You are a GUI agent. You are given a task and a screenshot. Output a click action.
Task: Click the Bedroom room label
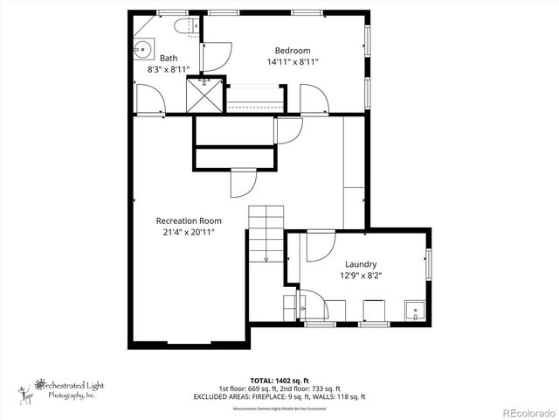293,50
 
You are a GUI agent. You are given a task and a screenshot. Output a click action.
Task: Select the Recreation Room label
189,220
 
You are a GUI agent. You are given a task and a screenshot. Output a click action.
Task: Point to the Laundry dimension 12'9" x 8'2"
360,276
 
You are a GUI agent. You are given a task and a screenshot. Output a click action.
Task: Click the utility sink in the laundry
413,310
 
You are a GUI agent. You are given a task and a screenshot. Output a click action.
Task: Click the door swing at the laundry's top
319,247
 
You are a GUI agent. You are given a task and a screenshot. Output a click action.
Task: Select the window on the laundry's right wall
428,264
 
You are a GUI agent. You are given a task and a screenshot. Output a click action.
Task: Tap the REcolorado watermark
528,411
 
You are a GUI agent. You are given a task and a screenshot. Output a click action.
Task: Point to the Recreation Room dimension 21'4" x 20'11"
189,233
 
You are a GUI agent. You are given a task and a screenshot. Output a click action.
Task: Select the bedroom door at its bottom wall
314,99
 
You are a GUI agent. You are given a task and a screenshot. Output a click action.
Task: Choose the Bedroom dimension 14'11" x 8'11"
293,62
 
